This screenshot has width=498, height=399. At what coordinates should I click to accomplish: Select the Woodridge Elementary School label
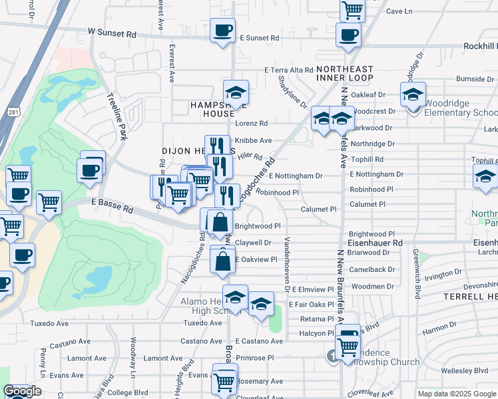(x=460, y=113)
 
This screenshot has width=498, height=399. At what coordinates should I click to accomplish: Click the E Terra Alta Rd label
(x=288, y=70)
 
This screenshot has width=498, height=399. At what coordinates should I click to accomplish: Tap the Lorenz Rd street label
(x=252, y=124)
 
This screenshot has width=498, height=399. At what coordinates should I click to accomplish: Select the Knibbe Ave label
(x=253, y=140)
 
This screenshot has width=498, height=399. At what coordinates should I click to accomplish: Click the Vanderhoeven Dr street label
(x=287, y=265)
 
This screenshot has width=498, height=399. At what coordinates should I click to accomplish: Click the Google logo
(x=22, y=392)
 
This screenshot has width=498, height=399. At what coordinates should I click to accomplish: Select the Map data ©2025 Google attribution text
(x=457, y=394)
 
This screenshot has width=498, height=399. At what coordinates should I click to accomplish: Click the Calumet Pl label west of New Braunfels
(x=318, y=209)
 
